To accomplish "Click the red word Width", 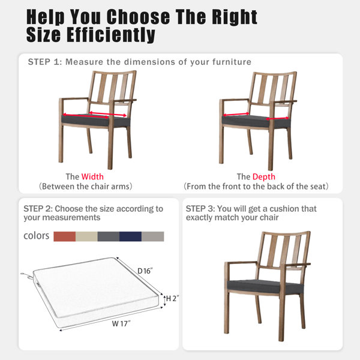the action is tap(92, 176).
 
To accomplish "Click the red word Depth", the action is tap(264, 176).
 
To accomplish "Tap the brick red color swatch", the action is tap(65, 236).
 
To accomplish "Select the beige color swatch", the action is tap(86, 236).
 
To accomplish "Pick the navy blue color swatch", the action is tap(130, 236).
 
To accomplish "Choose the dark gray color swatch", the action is tap(109, 236).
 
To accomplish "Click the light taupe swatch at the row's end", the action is tap(152, 236).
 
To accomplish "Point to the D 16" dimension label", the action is tap(145, 271).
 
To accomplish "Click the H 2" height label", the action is tap(172, 298).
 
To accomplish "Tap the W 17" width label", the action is tap(121, 324).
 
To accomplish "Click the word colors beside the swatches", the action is tap(36, 236).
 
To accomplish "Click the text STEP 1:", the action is tap(45, 62).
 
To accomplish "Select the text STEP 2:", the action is tap(38, 209).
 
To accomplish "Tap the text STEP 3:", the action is tap(200, 209).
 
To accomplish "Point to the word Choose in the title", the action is tap(139, 17).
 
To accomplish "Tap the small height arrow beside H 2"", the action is tap(164, 301).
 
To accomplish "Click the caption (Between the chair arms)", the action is tap(85, 186).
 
